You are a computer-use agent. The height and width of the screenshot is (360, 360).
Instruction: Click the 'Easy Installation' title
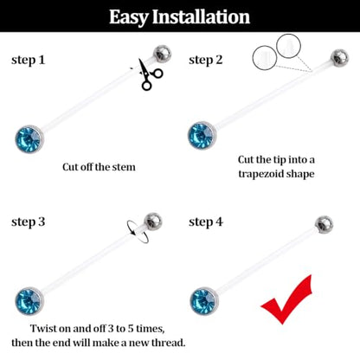[x=179, y=17]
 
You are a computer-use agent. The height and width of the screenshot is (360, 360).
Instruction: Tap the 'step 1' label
[x=29, y=61]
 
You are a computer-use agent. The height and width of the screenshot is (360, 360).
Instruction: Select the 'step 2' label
[x=206, y=61]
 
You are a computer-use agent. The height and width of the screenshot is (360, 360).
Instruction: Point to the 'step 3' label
[x=29, y=222]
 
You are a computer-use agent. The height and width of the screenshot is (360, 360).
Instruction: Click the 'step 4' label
[x=206, y=222]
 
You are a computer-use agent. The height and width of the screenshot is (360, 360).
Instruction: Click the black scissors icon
[x=150, y=74]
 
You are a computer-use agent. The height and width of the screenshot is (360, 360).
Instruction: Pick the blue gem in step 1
[x=29, y=139]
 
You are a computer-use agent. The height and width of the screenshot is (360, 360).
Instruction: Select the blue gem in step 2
[x=202, y=136]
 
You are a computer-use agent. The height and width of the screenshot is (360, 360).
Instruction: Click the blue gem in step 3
[x=29, y=301]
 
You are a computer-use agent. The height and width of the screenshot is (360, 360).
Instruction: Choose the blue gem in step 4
[x=204, y=301]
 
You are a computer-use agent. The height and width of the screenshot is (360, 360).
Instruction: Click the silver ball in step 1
[x=162, y=54]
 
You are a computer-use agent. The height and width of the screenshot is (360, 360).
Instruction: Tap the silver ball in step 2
[x=339, y=58]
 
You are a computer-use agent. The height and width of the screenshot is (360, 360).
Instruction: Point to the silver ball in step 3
[x=153, y=222]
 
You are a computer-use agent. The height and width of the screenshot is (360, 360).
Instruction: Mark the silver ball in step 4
[x=324, y=224]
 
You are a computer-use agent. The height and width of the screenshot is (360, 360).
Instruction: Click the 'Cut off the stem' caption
[x=99, y=167]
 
